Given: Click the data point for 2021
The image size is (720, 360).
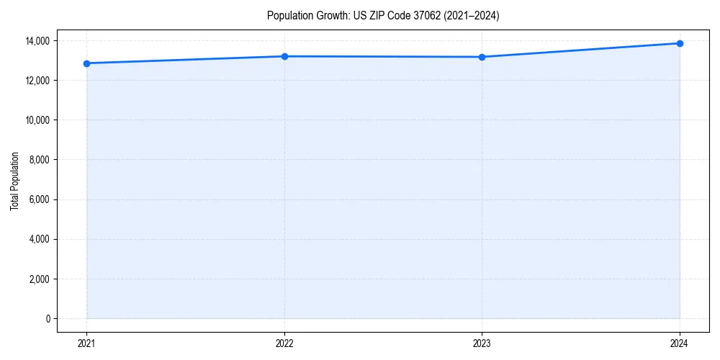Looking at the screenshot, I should (86, 63).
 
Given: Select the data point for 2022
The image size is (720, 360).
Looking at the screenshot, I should (284, 56).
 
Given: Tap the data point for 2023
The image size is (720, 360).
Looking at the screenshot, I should (482, 57).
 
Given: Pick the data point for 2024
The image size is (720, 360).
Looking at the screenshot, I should (680, 43).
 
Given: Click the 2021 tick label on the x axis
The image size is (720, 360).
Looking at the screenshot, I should (86, 343).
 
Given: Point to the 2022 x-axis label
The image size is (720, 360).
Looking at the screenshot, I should (284, 343).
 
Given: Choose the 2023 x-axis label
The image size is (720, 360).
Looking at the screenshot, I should (482, 343).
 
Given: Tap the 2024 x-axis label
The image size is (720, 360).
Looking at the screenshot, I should (680, 343).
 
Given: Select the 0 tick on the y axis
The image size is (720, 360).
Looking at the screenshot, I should (48, 318).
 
